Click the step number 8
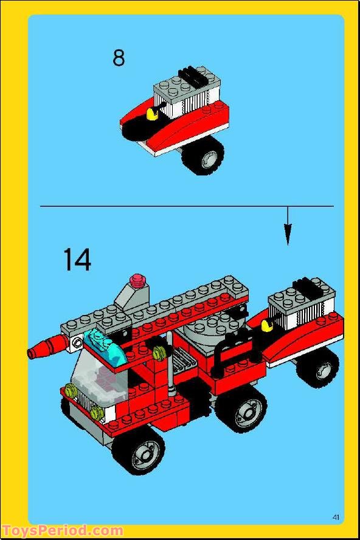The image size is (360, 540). (119, 58)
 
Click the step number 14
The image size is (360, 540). (77, 260)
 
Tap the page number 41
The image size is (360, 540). (336, 517)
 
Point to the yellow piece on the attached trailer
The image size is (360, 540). (266, 327)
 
